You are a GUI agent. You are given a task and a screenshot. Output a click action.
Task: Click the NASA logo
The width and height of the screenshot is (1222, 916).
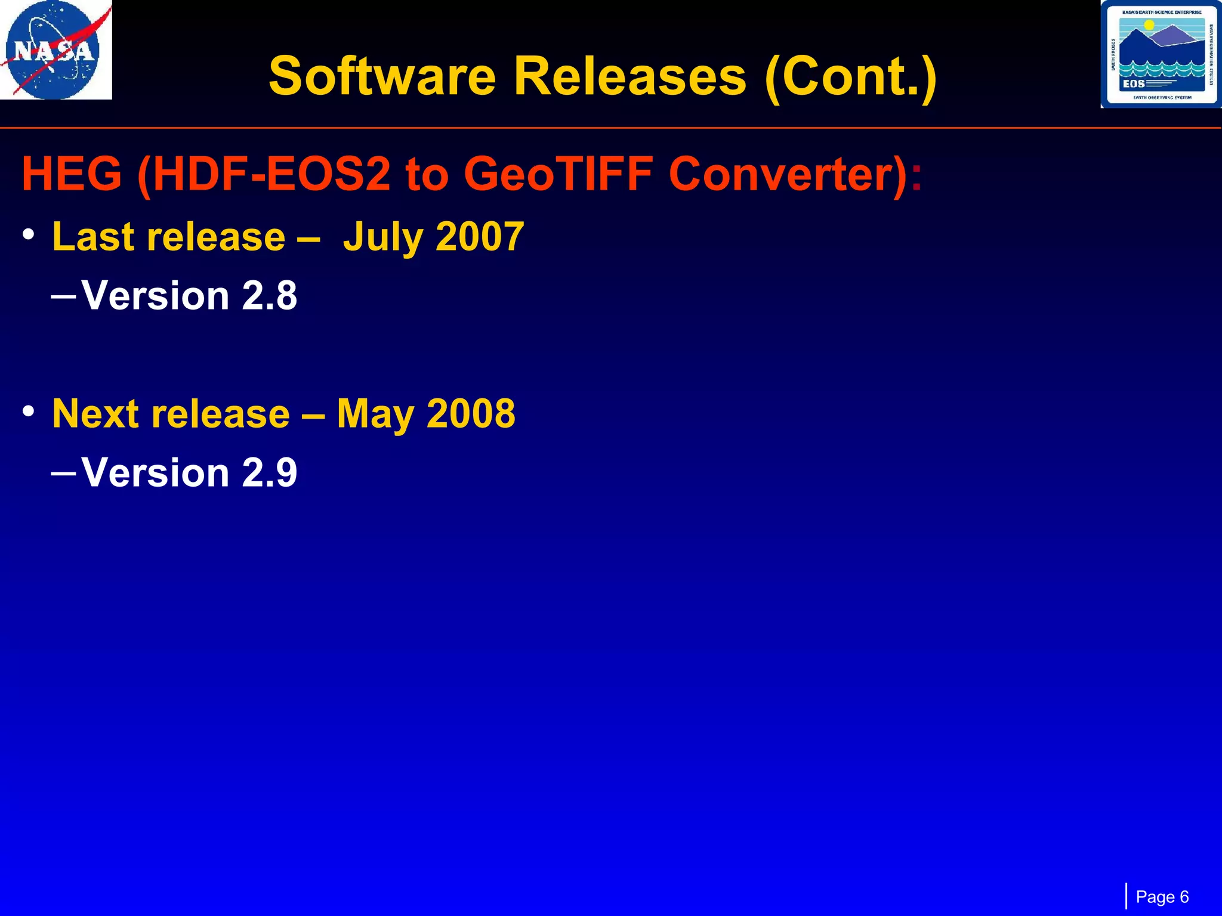coord(55,50)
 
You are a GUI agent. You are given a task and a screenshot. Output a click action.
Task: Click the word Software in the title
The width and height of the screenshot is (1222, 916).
coord(382,76)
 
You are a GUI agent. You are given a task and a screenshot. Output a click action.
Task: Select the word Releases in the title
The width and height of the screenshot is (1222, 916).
coord(629,76)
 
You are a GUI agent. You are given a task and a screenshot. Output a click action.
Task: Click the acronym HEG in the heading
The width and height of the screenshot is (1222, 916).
coord(72,174)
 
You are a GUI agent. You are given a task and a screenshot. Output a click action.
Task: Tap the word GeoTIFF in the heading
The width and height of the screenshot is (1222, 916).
coord(558,174)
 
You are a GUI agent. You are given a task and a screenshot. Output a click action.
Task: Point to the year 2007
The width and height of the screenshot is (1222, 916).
coord(480,237)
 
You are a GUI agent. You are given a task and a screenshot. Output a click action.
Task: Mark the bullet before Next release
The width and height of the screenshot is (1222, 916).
coord(29,411)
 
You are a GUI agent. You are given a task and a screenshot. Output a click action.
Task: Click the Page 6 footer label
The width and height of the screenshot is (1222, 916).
coord(1162,897)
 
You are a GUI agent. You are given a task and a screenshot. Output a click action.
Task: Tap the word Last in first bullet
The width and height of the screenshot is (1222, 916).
coord(92,237)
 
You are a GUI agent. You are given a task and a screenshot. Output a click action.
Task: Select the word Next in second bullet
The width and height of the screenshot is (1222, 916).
coord(95,413)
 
